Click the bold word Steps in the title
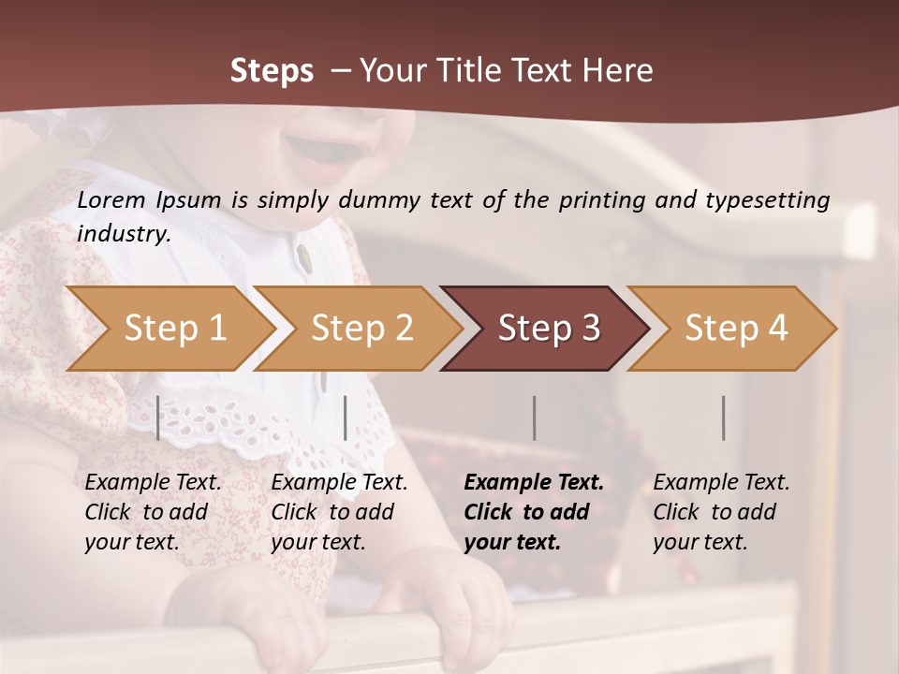pos(272,71)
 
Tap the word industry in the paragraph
pos(122,234)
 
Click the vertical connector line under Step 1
pos(158,418)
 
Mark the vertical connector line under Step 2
pos(346,418)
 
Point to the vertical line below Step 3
pos(535,418)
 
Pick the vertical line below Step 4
pos(723,418)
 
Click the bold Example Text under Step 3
pos(534,483)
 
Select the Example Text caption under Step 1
pos(153,483)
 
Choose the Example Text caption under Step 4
pos(721,483)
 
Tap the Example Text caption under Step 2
pos(339,483)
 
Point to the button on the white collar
pos(303,255)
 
